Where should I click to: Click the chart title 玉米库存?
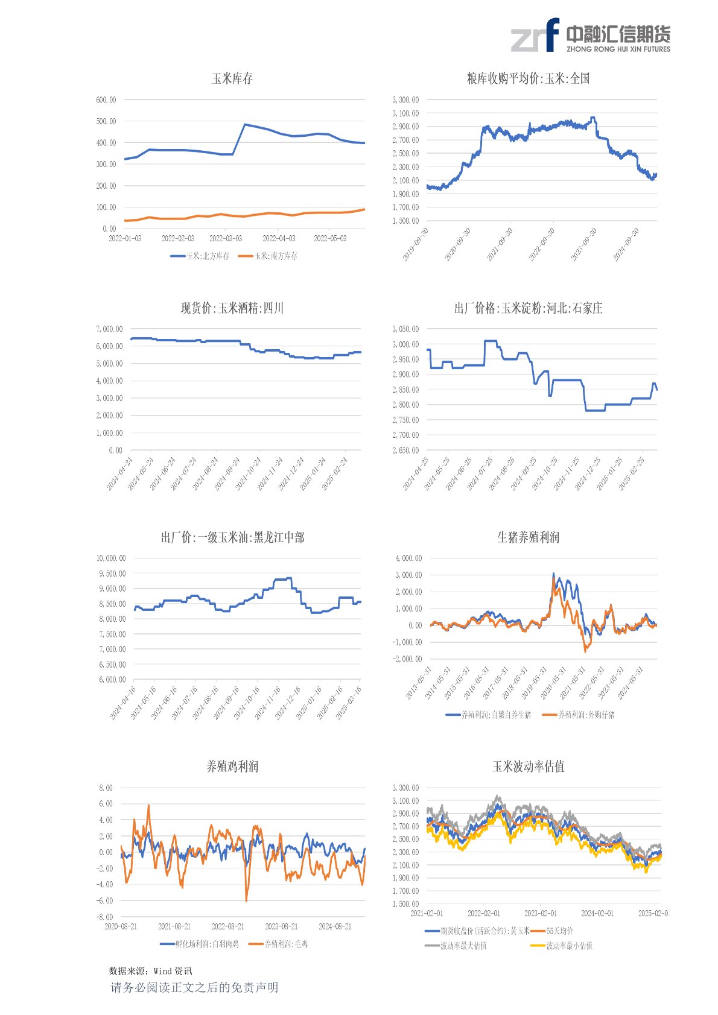pos(232,78)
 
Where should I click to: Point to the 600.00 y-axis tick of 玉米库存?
pos(106,100)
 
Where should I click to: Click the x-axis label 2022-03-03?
pos(226,239)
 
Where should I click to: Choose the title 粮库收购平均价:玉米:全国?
pos(528,78)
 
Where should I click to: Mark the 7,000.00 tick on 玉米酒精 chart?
pos(109,329)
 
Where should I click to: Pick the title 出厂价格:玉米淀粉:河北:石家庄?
pos(528,308)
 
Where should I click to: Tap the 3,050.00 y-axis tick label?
pos(405,329)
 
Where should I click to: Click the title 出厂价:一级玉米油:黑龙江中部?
pos(232,537)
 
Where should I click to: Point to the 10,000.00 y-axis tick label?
pos(111,558)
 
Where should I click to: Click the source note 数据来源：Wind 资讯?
pos(150,971)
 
